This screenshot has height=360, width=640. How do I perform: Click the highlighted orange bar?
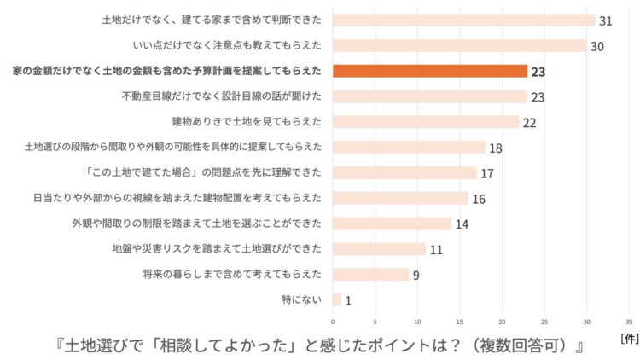point(430,71)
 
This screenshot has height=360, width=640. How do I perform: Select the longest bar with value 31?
point(463,20)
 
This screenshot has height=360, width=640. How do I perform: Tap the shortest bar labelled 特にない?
point(337,299)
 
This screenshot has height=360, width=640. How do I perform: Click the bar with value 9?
point(370,274)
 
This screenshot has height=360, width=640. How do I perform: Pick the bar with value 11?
point(379,249)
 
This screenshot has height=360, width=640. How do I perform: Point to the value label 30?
point(597,46)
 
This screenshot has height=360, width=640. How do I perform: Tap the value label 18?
point(495,148)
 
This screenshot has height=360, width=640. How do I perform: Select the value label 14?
point(462,224)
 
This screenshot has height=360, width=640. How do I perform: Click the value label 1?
point(348,300)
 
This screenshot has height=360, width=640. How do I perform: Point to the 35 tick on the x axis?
point(629,322)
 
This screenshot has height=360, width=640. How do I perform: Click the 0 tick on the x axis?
point(333,322)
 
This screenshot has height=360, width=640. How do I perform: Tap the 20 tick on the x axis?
point(502,322)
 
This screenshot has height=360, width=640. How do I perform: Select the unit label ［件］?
point(629,339)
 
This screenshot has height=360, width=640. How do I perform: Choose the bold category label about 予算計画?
point(166,71)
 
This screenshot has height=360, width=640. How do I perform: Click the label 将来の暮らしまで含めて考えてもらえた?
point(232,275)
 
